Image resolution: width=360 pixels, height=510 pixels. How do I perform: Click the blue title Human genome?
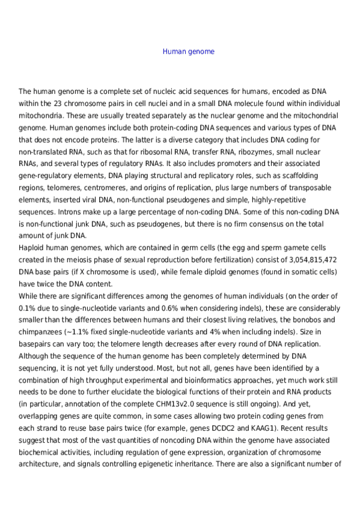(188, 52)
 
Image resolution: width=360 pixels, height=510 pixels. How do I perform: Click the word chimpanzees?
(40, 332)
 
